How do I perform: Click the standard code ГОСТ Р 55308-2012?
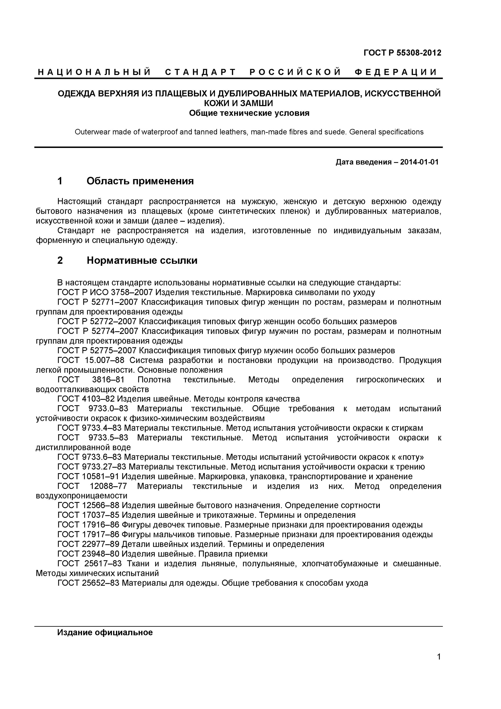402,53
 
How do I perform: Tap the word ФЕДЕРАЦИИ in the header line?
396,72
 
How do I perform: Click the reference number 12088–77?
108,486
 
